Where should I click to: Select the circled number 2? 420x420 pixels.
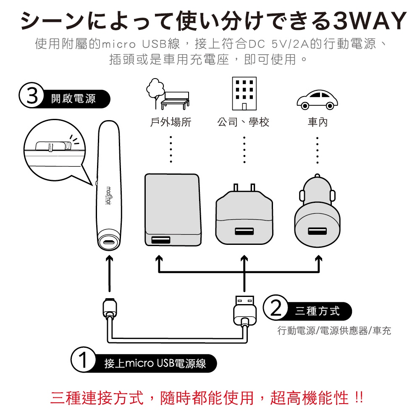point(275,310)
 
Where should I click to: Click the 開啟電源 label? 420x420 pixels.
point(73,99)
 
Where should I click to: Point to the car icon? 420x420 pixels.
point(317,99)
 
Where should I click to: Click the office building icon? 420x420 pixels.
point(244,94)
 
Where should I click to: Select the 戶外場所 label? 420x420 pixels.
point(171,122)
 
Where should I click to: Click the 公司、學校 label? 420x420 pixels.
point(243,122)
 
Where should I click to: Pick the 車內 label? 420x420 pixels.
point(317,122)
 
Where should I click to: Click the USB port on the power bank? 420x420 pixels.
point(161,240)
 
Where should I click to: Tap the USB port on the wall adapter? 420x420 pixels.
point(244,231)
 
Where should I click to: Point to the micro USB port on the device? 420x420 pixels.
point(110,242)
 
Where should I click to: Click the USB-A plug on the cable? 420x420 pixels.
point(244,309)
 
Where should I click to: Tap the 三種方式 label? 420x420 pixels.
point(317,311)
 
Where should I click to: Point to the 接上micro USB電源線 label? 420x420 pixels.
point(155,363)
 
